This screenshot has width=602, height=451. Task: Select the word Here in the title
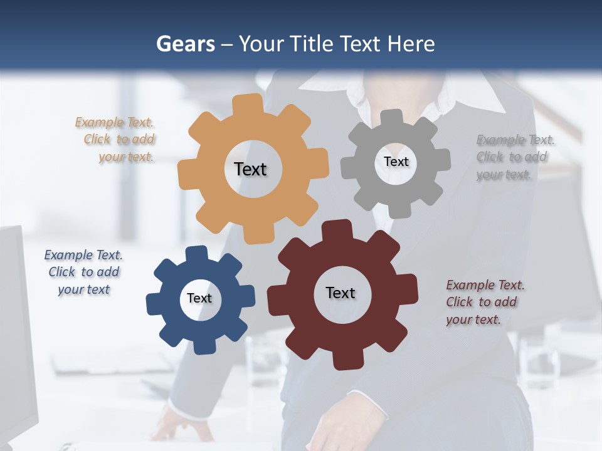pyautogui.click(x=411, y=44)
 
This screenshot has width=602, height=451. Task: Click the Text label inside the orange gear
pyautogui.click(x=250, y=169)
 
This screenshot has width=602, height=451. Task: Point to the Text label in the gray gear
pyautogui.click(x=396, y=162)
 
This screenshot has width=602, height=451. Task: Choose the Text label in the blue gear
pyautogui.click(x=199, y=298)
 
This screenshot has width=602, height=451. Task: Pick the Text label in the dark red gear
pyautogui.click(x=341, y=293)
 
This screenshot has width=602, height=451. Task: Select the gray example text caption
pyautogui.click(x=514, y=157)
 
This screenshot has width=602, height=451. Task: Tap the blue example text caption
pyautogui.click(x=83, y=272)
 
